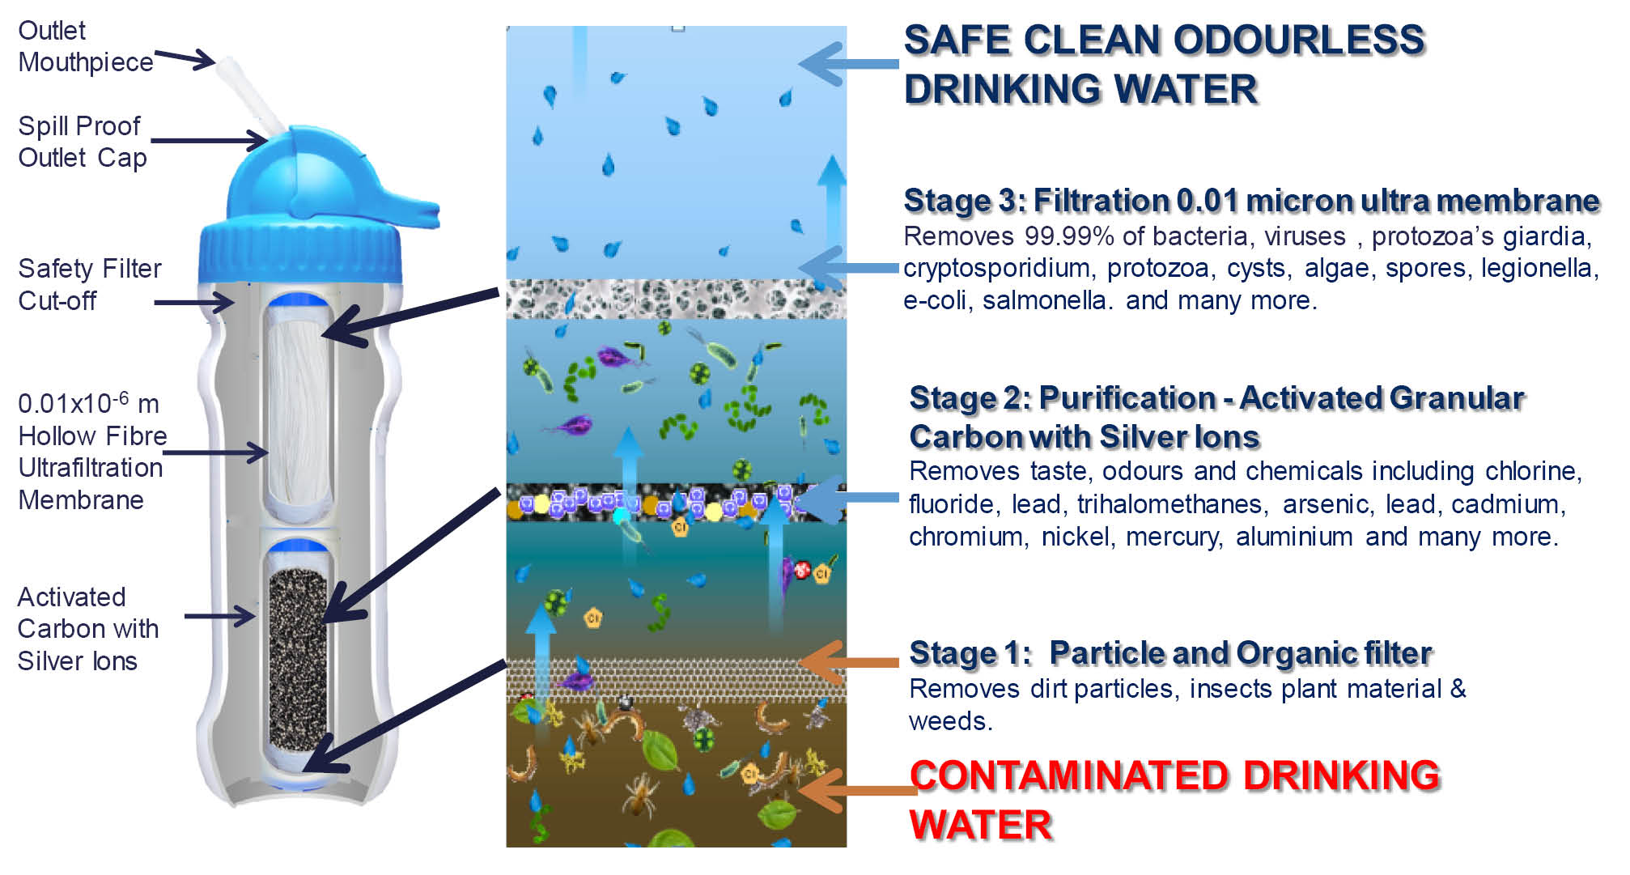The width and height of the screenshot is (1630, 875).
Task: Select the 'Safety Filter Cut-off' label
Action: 89,284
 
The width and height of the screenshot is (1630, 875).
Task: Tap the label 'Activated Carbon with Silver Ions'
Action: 87,629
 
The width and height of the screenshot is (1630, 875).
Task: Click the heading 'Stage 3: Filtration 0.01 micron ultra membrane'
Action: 1251,201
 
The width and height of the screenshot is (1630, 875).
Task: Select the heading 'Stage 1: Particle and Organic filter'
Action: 1170,653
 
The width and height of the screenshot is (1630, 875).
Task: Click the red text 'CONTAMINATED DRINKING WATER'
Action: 1174,800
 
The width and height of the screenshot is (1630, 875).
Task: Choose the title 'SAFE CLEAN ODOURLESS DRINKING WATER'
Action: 1163,65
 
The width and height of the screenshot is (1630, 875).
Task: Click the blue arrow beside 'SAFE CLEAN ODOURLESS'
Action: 848,64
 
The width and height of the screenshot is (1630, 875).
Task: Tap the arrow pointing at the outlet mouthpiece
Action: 185,58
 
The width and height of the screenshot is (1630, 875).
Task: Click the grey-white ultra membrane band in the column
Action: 676,299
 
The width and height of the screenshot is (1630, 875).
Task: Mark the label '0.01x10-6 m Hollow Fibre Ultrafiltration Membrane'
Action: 91,452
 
